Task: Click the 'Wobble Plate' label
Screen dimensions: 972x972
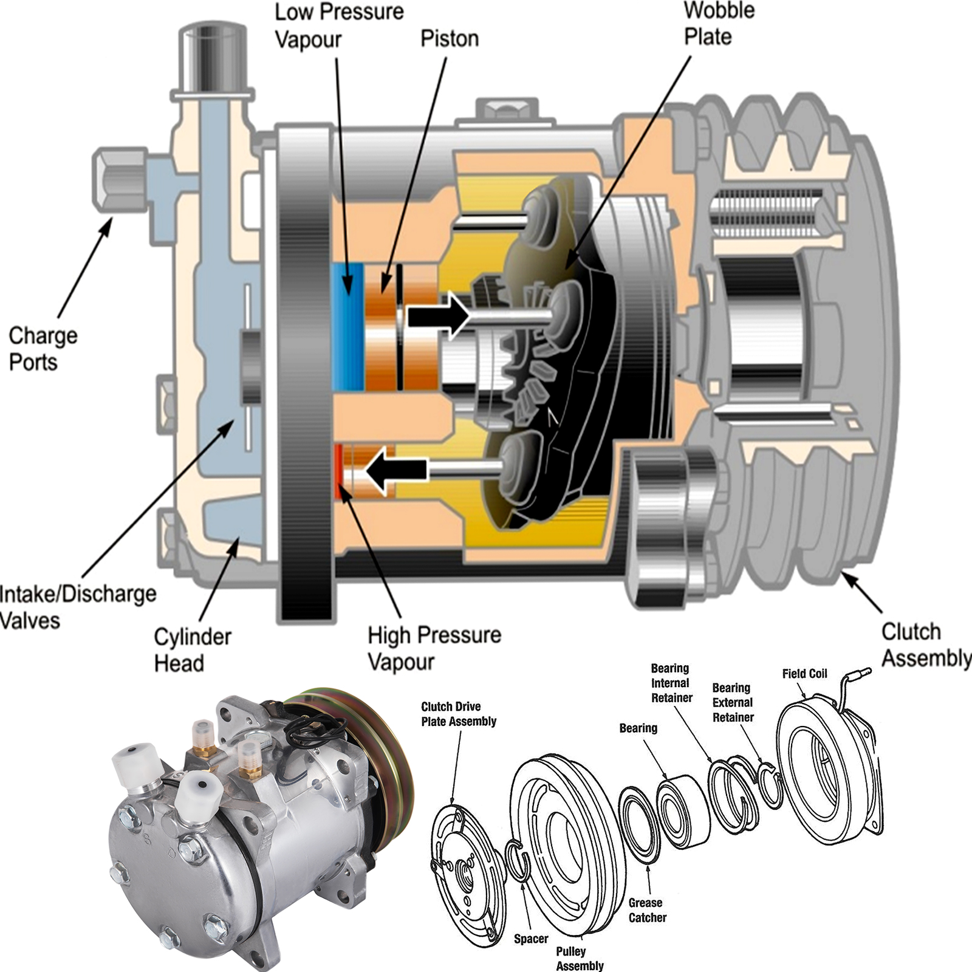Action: [x=719, y=24]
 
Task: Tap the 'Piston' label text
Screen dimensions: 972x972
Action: [x=450, y=38]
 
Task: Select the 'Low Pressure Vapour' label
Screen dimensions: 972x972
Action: [x=338, y=26]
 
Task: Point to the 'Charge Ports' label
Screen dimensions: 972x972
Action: [x=43, y=349]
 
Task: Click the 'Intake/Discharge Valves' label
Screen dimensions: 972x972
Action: [x=77, y=607]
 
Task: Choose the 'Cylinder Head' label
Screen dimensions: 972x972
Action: [x=192, y=649]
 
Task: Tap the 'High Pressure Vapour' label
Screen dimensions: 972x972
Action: [x=434, y=648]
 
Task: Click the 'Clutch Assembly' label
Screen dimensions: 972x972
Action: [x=925, y=645]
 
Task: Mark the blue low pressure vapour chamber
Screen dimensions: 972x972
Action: [x=348, y=326]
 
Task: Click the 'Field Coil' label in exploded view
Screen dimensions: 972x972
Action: [x=804, y=674]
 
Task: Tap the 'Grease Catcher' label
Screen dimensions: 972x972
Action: [x=646, y=910]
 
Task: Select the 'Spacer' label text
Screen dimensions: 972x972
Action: [x=531, y=939]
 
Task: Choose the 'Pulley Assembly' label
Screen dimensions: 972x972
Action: [x=579, y=958]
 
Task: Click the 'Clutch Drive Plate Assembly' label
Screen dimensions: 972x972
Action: [x=459, y=714]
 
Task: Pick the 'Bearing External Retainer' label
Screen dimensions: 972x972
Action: [x=733, y=702]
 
